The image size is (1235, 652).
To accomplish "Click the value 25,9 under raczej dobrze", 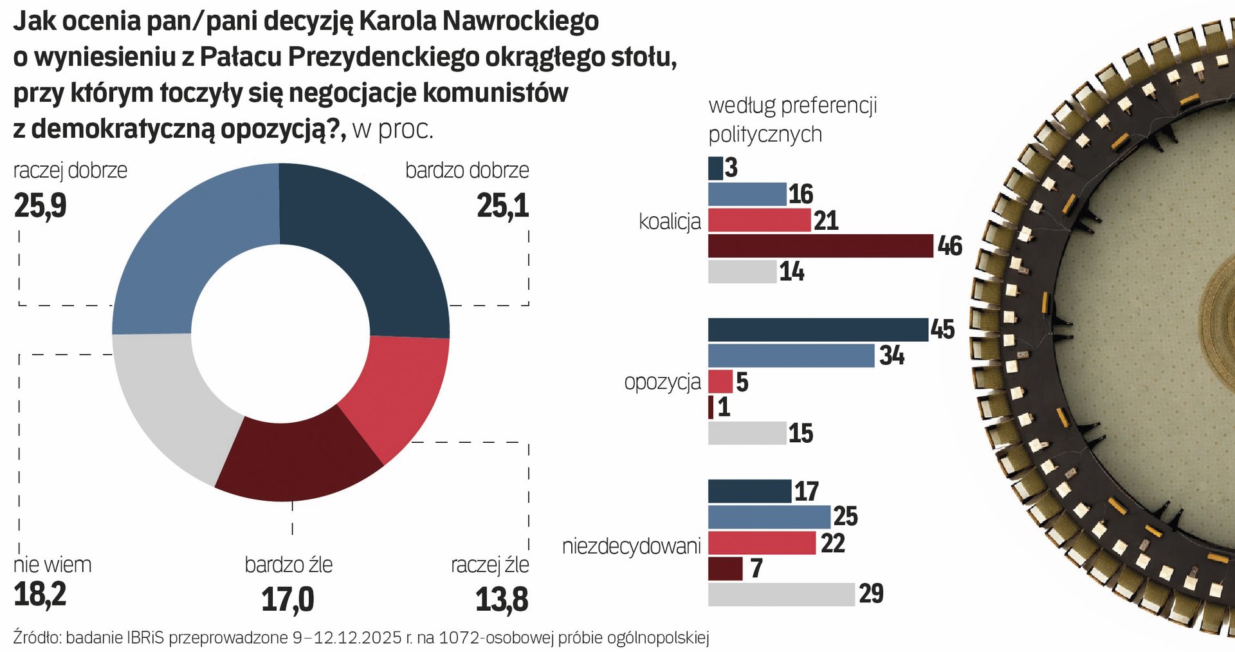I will (x=40, y=206).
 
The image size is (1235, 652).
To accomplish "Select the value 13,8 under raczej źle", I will (x=502, y=600).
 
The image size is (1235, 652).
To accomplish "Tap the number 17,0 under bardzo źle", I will (x=288, y=600).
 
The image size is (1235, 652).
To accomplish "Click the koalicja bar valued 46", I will (x=820, y=246).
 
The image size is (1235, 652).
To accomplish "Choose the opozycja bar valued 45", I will (x=818, y=330).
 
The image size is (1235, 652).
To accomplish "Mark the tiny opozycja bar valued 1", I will (x=711, y=407).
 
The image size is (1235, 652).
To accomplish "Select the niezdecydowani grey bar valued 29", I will (x=781, y=594).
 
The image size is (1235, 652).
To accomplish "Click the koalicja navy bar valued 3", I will (x=715, y=169).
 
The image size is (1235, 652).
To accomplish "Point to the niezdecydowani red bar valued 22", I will (x=762, y=543).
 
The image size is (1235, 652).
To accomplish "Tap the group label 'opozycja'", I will (x=662, y=382).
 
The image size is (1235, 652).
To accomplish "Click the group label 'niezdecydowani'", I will (x=631, y=546).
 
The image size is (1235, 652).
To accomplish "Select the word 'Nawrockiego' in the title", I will (x=521, y=21).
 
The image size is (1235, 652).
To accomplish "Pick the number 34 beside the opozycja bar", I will (x=892, y=356).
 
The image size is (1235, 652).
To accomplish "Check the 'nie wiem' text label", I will (x=52, y=565).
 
